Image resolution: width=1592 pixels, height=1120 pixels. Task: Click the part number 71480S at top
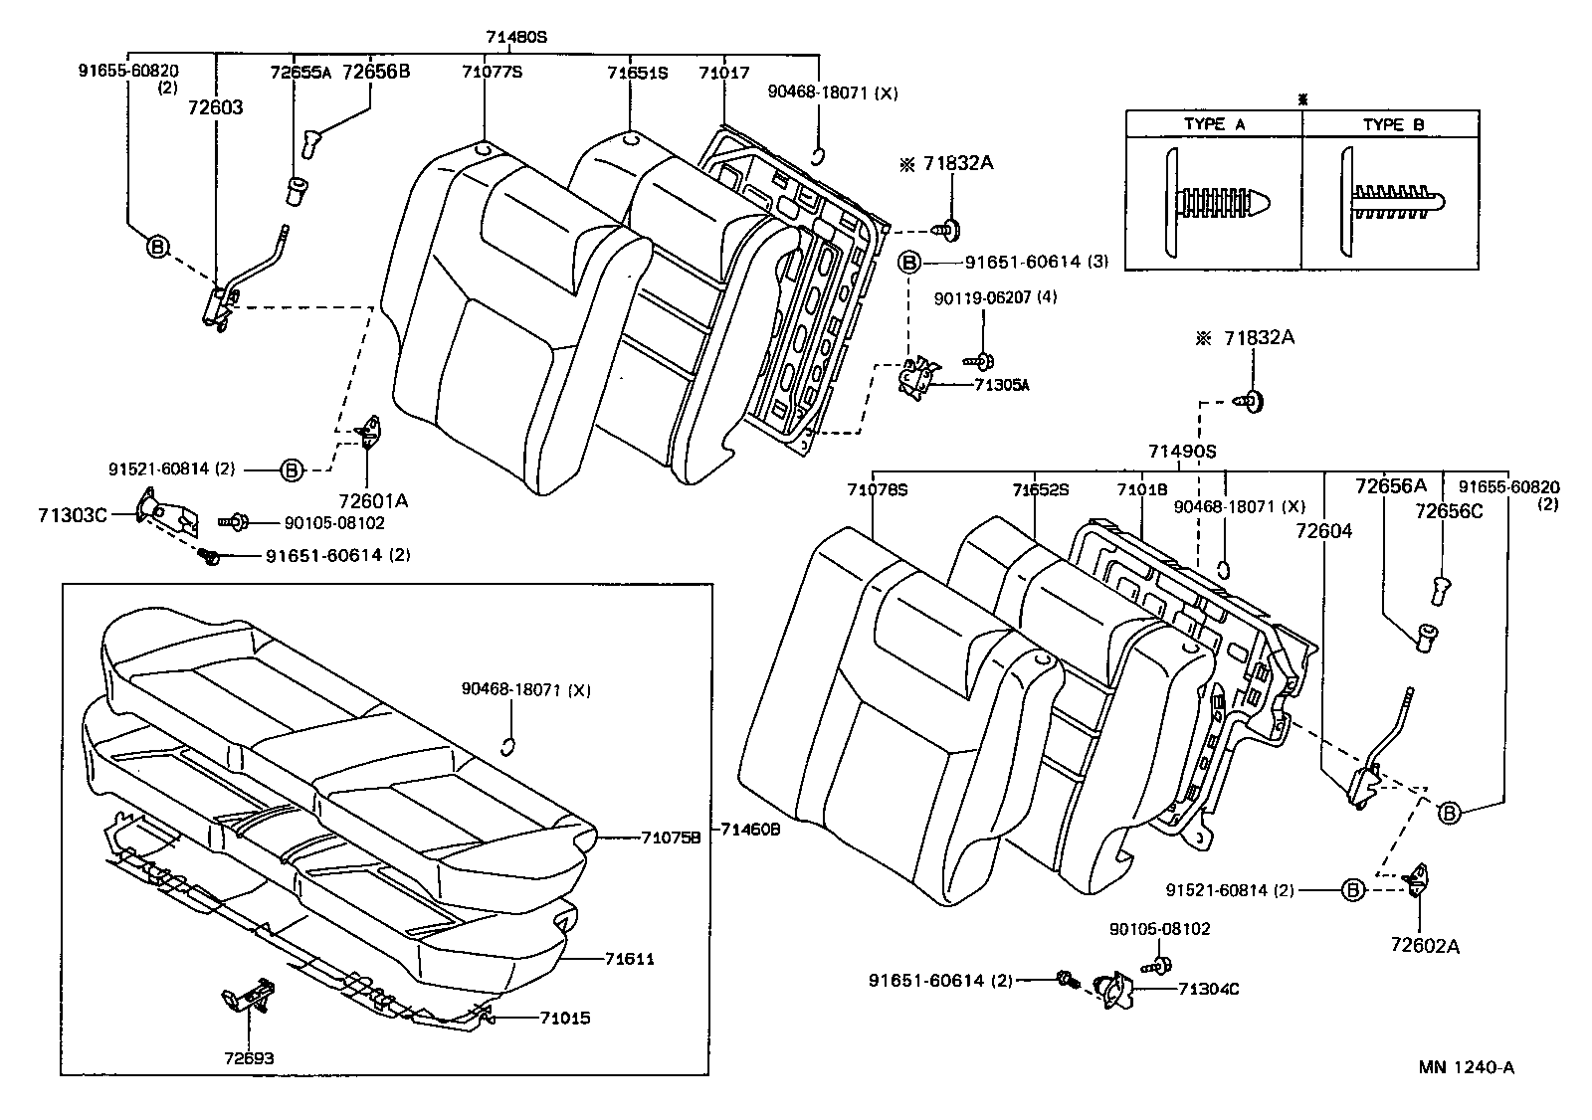point(516,38)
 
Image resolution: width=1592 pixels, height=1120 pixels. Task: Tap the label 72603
point(214,106)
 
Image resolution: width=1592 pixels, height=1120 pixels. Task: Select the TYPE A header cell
point(1214,124)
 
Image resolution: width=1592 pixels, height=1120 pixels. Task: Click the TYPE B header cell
point(1393,124)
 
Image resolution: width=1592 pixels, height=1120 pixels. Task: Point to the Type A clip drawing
point(1216,202)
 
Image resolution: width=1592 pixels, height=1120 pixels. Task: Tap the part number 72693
point(249,1058)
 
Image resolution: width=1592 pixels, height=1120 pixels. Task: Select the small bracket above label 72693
point(248,996)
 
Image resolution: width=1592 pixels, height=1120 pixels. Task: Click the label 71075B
point(671,838)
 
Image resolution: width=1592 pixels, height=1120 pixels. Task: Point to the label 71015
point(565,1018)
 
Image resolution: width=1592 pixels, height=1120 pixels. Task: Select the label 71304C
point(1208,989)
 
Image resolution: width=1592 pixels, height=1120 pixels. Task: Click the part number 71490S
point(1182,451)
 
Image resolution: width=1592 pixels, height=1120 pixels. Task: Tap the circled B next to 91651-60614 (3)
point(908,263)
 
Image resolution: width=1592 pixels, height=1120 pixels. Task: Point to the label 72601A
point(373,501)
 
